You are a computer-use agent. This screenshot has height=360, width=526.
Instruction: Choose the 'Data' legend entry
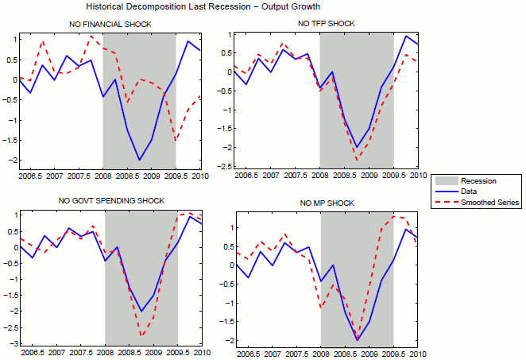click(475, 192)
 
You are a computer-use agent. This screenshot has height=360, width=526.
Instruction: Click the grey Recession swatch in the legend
click(450, 181)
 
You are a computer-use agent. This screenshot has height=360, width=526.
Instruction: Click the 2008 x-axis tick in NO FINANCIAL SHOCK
click(103, 176)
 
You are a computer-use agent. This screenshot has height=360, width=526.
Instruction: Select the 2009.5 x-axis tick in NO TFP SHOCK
click(392, 176)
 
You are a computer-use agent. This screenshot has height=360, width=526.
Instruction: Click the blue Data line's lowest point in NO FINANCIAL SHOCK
click(140, 161)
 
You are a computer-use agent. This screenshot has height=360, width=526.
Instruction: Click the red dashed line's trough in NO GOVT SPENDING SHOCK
click(141, 335)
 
